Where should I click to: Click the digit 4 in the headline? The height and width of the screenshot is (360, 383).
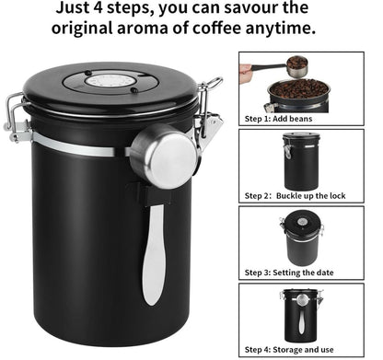tap(99, 8)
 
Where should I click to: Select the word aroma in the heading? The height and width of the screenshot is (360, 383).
tap(142, 29)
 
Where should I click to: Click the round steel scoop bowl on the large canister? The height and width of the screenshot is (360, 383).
tap(163, 157)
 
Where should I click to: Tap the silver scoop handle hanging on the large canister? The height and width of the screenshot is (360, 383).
tap(154, 254)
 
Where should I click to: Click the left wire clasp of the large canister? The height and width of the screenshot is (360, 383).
tap(16, 118)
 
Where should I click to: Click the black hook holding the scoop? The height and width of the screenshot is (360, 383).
tap(149, 194)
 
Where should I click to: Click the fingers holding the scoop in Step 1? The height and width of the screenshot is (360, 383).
tap(246, 68)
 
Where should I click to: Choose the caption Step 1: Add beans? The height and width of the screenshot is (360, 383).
tap(278, 119)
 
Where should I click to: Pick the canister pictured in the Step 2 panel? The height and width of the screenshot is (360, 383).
tap(301, 161)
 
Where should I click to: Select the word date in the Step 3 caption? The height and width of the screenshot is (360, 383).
tap(325, 273)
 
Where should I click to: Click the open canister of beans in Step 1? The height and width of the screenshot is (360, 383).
tap(297, 95)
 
